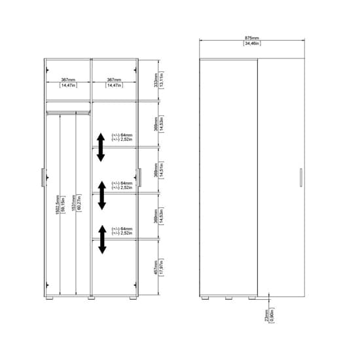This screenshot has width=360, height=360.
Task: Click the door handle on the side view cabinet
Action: coord(300,177)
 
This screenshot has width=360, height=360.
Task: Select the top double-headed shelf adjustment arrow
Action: coord(101,146)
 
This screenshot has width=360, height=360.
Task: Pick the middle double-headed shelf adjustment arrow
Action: coord(101,195)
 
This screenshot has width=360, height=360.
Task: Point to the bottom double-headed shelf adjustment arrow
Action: coord(101,238)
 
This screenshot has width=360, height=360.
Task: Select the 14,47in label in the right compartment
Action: coord(113,86)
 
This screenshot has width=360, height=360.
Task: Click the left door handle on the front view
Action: coord(43,177)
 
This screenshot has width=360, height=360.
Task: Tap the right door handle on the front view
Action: coord(139,177)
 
